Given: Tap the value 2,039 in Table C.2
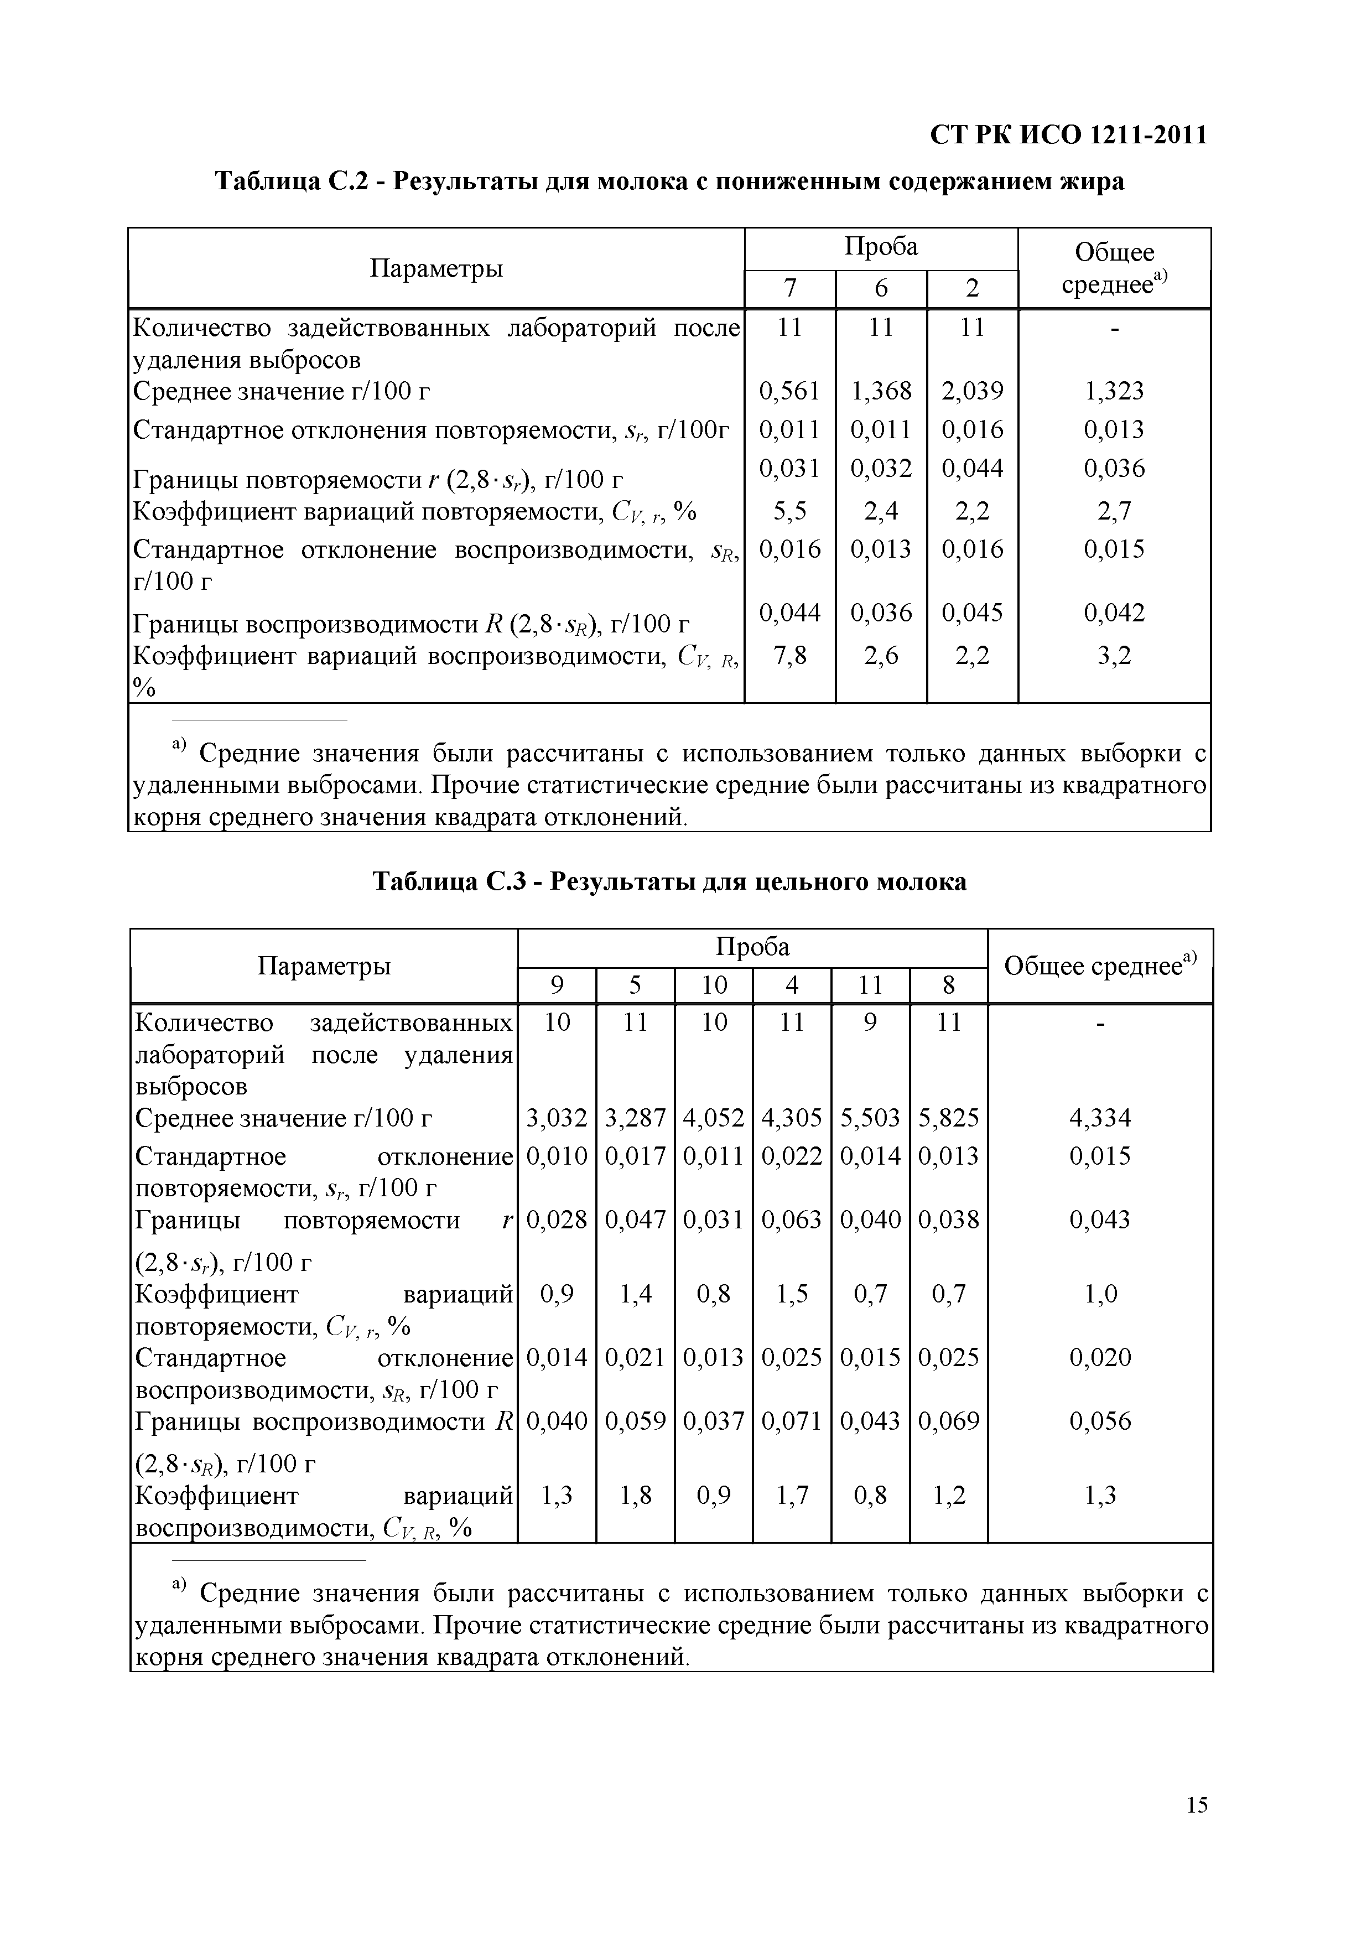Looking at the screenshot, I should [x=972, y=391].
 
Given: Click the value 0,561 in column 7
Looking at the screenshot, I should [x=789, y=391].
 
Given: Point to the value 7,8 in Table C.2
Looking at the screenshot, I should [x=789, y=655].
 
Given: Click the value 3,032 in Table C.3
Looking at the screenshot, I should [x=556, y=1118].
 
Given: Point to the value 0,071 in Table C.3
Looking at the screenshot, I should [x=791, y=1421].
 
